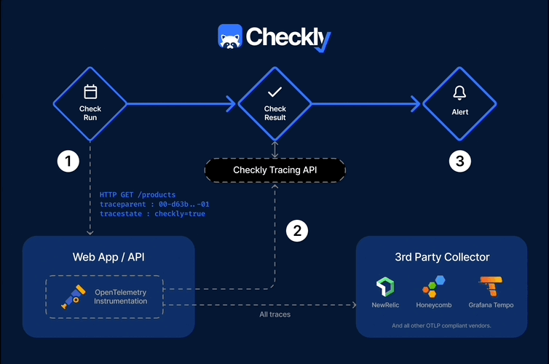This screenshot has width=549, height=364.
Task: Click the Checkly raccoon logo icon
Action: point(230,37)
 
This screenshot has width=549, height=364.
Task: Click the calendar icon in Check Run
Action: point(90,92)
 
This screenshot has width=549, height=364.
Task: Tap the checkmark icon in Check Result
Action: point(274,92)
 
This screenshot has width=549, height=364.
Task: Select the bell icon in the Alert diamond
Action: point(459,92)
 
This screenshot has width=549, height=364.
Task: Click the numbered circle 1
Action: point(68,161)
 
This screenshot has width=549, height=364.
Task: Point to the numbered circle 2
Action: point(296,231)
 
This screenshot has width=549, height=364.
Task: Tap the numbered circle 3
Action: point(459,161)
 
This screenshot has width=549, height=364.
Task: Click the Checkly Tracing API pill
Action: point(274,170)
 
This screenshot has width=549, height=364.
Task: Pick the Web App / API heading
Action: point(108,257)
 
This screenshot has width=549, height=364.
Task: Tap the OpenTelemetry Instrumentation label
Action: point(121,296)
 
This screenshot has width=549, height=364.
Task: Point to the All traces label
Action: point(274,314)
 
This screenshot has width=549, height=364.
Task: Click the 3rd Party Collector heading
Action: point(441,257)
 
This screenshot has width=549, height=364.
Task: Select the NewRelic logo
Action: point(385,286)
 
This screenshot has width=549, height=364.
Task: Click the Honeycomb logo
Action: point(435,286)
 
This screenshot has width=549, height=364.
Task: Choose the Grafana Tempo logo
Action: point(489,286)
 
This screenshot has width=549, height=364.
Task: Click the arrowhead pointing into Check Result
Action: point(232,104)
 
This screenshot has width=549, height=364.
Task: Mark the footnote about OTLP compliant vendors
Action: point(441,325)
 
